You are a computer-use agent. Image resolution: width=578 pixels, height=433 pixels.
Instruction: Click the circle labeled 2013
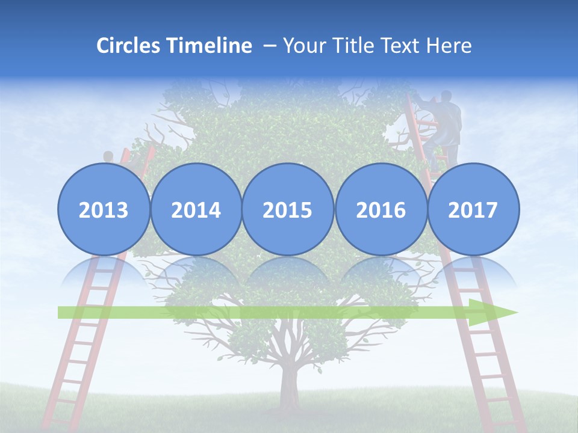tap(104, 210)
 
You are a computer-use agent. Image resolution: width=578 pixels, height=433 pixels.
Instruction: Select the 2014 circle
tap(196, 210)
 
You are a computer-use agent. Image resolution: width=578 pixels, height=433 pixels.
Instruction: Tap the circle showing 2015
tap(288, 210)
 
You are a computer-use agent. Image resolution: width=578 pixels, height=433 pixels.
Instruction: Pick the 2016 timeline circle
tap(381, 210)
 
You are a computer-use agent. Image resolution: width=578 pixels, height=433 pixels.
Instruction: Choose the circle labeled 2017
tap(473, 210)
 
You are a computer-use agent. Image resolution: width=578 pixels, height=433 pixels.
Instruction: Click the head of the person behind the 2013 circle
tap(108, 157)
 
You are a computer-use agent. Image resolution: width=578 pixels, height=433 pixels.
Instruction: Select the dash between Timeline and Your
tap(270, 46)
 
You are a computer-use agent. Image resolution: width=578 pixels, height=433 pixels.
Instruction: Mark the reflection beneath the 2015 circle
tap(288, 271)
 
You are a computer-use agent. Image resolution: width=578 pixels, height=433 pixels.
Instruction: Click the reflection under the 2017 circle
tap(473, 271)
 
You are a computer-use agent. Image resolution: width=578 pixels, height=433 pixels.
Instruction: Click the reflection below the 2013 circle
tap(104, 271)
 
